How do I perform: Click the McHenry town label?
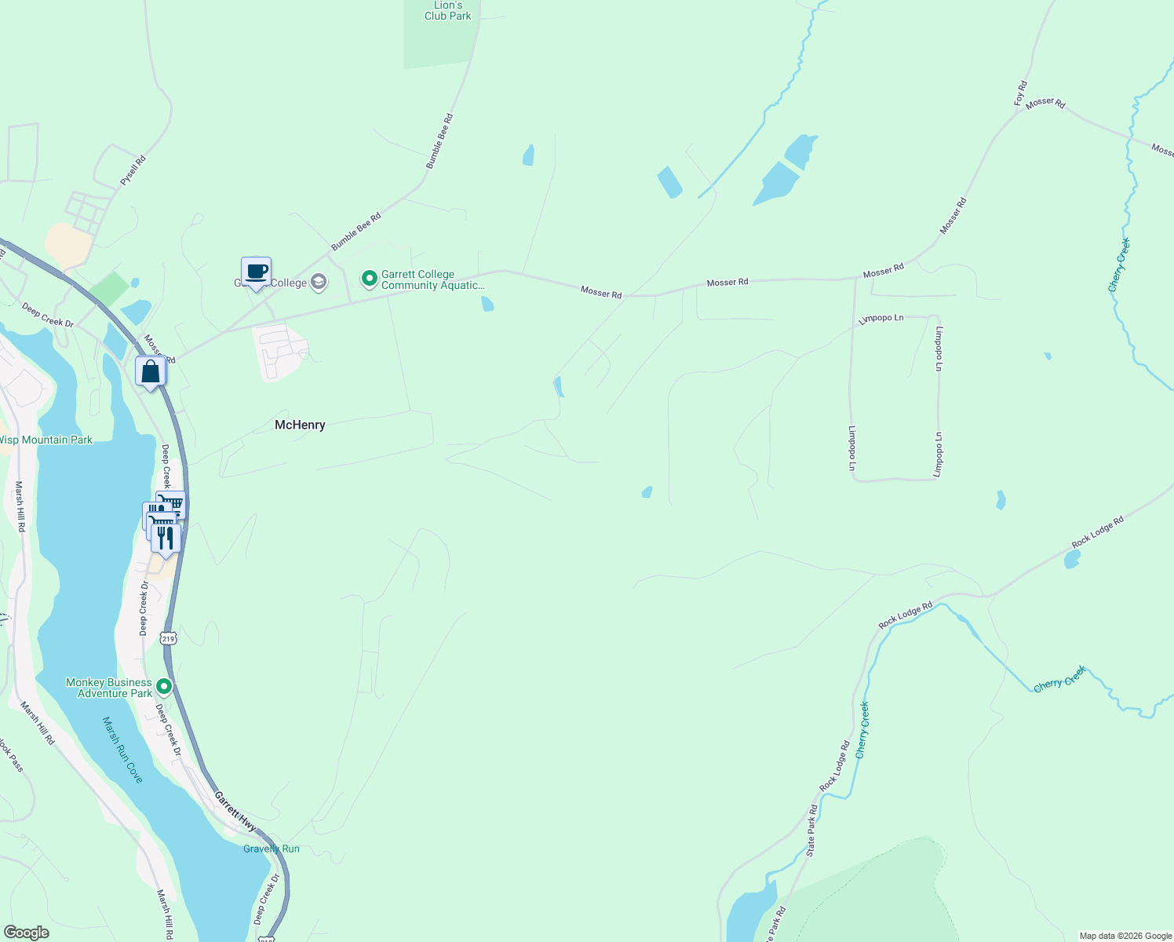coord(300,425)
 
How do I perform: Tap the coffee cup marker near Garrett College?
coord(256,272)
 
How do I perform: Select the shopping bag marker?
coord(150,372)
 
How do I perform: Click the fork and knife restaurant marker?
coord(165,538)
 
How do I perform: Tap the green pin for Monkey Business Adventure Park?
coord(164,687)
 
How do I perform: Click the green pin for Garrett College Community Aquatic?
coord(369,279)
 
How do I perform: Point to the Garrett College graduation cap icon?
coord(319,282)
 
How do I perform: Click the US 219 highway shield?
coord(168,638)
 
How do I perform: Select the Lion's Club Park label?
coord(448,11)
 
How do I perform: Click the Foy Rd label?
coord(1020,93)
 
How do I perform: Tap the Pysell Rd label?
coord(133,170)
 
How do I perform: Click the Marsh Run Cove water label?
coord(123,750)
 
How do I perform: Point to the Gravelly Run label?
coord(272,849)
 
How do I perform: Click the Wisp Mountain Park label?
coord(46,440)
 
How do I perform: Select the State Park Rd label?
coord(812,829)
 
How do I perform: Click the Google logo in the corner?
coord(27,933)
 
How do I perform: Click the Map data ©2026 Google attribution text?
coord(1125,936)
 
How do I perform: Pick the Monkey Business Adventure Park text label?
coord(109,688)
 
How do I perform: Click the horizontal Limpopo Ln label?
coord(881,319)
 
